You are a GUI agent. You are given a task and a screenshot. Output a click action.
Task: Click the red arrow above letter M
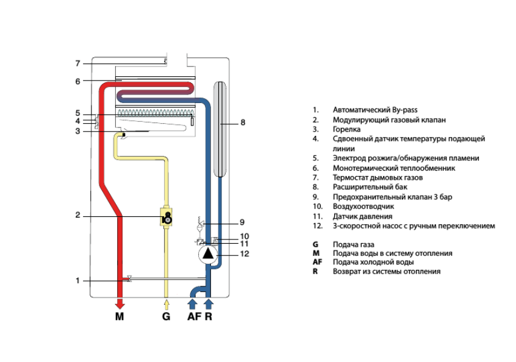click(x=120, y=303)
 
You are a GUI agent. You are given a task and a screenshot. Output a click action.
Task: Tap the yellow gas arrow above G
click(x=166, y=303)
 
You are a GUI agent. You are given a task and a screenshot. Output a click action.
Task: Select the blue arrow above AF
click(x=193, y=303)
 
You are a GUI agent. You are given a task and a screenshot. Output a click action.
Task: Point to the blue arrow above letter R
click(x=209, y=303)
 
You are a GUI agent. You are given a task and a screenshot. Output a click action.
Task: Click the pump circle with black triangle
click(x=209, y=253)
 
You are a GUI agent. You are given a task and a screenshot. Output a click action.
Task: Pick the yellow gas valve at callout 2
click(x=167, y=216)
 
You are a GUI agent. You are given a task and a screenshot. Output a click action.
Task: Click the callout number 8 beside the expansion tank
click(x=243, y=123)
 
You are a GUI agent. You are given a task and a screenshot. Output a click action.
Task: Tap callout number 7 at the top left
click(x=78, y=63)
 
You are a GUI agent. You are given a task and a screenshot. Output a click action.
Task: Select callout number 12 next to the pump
click(x=244, y=254)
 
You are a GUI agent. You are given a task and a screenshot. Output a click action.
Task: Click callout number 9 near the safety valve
click(x=242, y=222)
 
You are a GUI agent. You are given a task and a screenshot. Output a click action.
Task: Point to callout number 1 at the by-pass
click(x=78, y=281)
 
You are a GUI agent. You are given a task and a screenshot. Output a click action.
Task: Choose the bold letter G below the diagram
click(x=166, y=317)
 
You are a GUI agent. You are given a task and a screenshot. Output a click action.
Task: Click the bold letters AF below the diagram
click(x=193, y=317)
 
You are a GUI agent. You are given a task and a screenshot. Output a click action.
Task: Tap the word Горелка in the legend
click(x=346, y=129)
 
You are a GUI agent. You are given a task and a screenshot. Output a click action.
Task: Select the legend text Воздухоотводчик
click(x=364, y=207)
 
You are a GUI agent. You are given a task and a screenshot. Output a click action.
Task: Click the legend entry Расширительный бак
click(x=370, y=187)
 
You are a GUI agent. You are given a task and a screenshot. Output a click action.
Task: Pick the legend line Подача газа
click(x=354, y=244)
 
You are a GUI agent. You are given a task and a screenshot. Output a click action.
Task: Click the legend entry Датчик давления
click(x=362, y=216)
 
